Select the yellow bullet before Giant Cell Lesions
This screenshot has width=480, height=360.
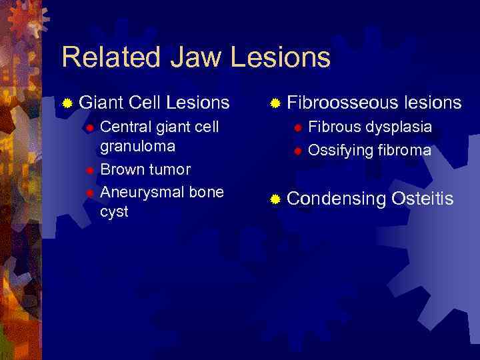pyautogui.click(x=67, y=103)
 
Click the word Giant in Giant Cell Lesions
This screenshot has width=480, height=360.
pyautogui.click(x=102, y=103)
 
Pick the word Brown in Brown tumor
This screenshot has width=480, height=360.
pyautogui.click(x=121, y=169)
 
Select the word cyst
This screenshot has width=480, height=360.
pyautogui.click(x=114, y=212)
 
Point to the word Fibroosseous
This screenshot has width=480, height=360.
pyautogui.click(x=341, y=103)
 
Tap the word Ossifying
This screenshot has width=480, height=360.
pyautogui.click(x=339, y=151)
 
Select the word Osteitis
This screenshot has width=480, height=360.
pyautogui.click(x=423, y=198)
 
